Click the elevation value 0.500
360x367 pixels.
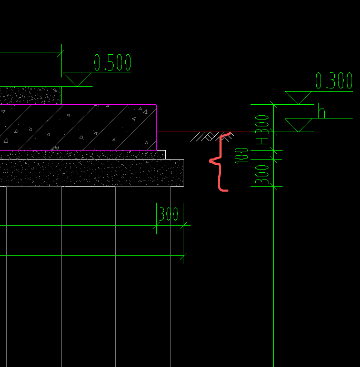[112, 63]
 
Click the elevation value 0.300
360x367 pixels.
[334, 81]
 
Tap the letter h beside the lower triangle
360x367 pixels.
[322, 112]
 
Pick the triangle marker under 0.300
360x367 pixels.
[299, 97]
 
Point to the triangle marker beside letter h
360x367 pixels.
[299, 125]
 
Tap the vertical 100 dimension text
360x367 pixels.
[243, 155]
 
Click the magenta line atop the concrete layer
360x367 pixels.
[79, 105]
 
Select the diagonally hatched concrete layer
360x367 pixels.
[79, 127]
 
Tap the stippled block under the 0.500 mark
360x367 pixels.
[30, 95]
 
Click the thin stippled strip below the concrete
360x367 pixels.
[84, 154]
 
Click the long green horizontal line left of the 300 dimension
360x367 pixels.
[79, 226]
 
